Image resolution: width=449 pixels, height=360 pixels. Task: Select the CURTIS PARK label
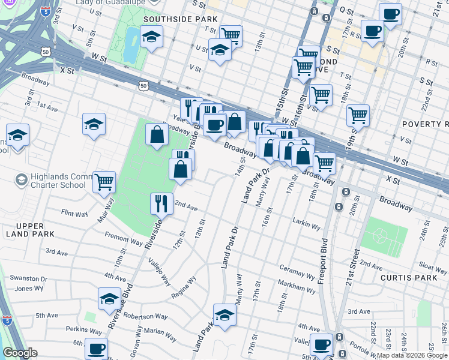coord(405,278)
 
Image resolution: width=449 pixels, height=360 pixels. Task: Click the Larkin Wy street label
coord(307,226)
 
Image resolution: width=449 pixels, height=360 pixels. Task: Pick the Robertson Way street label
coord(147,316)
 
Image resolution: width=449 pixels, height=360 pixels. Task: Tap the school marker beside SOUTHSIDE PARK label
coord(152,37)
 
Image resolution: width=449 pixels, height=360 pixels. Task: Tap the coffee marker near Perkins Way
coord(96,347)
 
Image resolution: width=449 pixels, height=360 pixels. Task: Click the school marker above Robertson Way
coord(109,298)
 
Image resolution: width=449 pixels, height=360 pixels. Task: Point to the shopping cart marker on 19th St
coord(358,114)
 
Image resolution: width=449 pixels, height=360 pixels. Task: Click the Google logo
coord(20,353)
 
